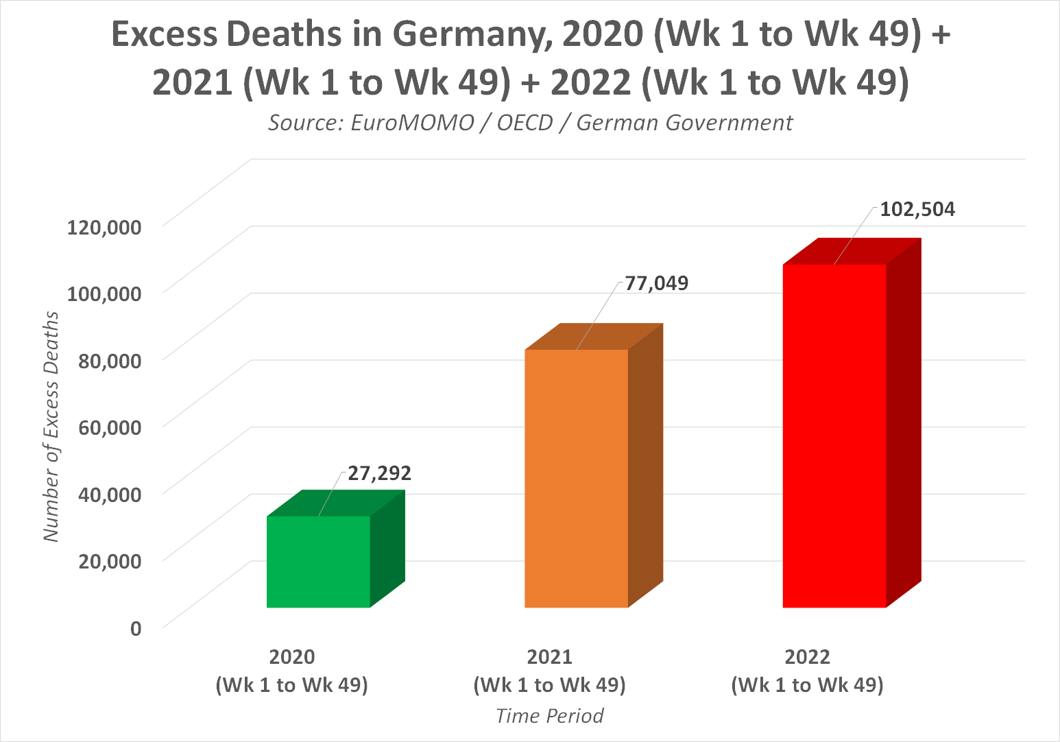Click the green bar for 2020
(x=318, y=561)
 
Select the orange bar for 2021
(x=576, y=478)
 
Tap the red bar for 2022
(x=834, y=435)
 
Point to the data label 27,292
(x=379, y=473)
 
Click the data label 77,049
(x=656, y=283)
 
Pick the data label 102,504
(x=917, y=209)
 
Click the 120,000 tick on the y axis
(x=104, y=227)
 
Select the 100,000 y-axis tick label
(x=104, y=294)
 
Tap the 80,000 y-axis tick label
(x=110, y=361)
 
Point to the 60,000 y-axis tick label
(x=110, y=427)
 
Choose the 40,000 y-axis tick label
(x=110, y=494)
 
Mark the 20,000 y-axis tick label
(x=110, y=561)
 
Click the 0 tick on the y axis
(x=136, y=627)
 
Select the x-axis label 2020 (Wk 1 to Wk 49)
(x=292, y=671)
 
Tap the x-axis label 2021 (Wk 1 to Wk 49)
(x=549, y=671)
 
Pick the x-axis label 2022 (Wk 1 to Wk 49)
(x=807, y=671)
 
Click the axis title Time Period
(x=549, y=716)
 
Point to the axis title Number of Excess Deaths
(x=51, y=427)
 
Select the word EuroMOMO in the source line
(x=412, y=123)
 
